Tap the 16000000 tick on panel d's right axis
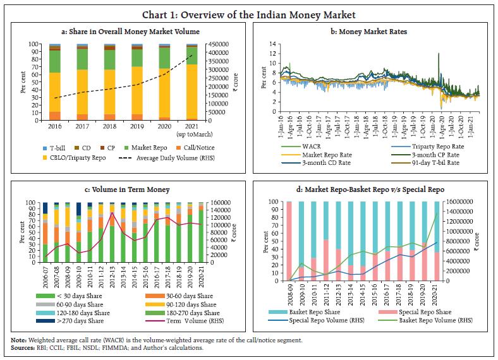point(466,202)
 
